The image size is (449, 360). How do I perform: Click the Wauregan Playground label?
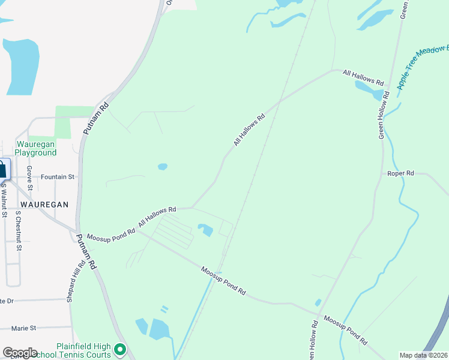point(36,148)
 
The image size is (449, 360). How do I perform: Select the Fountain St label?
point(57,177)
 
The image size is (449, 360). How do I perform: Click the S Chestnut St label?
point(19,230)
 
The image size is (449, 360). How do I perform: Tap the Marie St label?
point(24,328)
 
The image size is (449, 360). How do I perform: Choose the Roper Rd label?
point(401,173)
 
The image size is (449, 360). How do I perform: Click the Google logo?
point(20,352)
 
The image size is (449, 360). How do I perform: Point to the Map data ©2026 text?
point(423,355)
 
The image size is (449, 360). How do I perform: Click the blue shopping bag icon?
point(2,169)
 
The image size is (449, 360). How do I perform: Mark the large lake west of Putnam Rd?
point(22,66)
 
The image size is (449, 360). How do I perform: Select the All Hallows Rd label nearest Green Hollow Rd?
point(363,77)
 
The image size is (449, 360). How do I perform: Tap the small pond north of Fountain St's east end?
point(162,167)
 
